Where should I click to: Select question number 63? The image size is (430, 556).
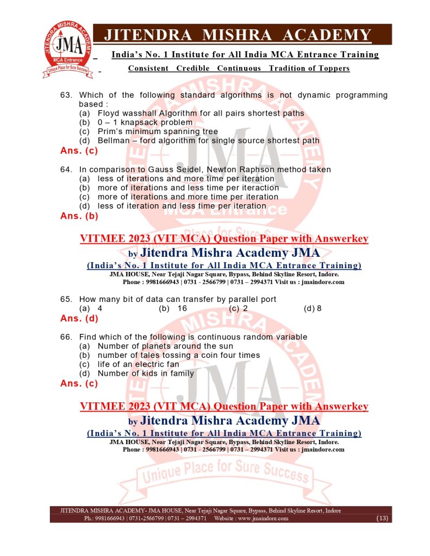pyautogui.click(x=66, y=95)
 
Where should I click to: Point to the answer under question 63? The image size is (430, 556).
pyautogui.click(x=79, y=150)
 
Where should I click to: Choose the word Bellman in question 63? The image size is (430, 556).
pyautogui.click(x=115, y=141)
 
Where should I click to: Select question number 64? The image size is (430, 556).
pyautogui.click(x=66, y=169)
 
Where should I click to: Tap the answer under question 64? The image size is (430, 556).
pyautogui.click(x=79, y=216)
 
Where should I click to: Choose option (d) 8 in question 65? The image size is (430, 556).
pyautogui.click(x=313, y=308)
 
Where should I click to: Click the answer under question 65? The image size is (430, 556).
pyautogui.click(x=79, y=318)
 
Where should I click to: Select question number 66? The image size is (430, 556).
pyautogui.click(x=66, y=337)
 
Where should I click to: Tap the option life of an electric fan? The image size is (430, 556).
pyautogui.click(x=138, y=364)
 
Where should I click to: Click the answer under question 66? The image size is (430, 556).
pyautogui.click(x=79, y=383)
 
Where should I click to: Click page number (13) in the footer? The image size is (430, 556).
pyautogui.click(x=382, y=519)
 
